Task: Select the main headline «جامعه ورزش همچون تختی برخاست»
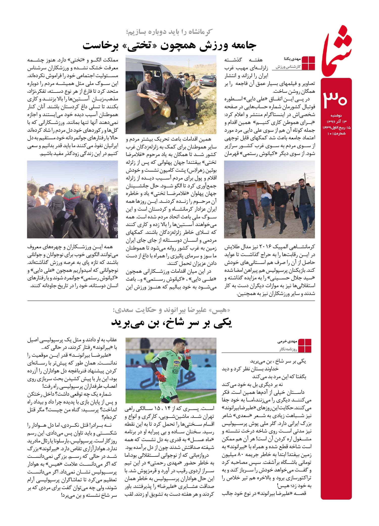pyautogui.click(x=170, y=46)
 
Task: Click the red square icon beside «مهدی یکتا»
pyautogui.click(x=309, y=63)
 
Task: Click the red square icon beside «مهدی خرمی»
pyautogui.click(x=305, y=346)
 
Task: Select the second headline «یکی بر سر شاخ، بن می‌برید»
pyautogui.click(x=172, y=323)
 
